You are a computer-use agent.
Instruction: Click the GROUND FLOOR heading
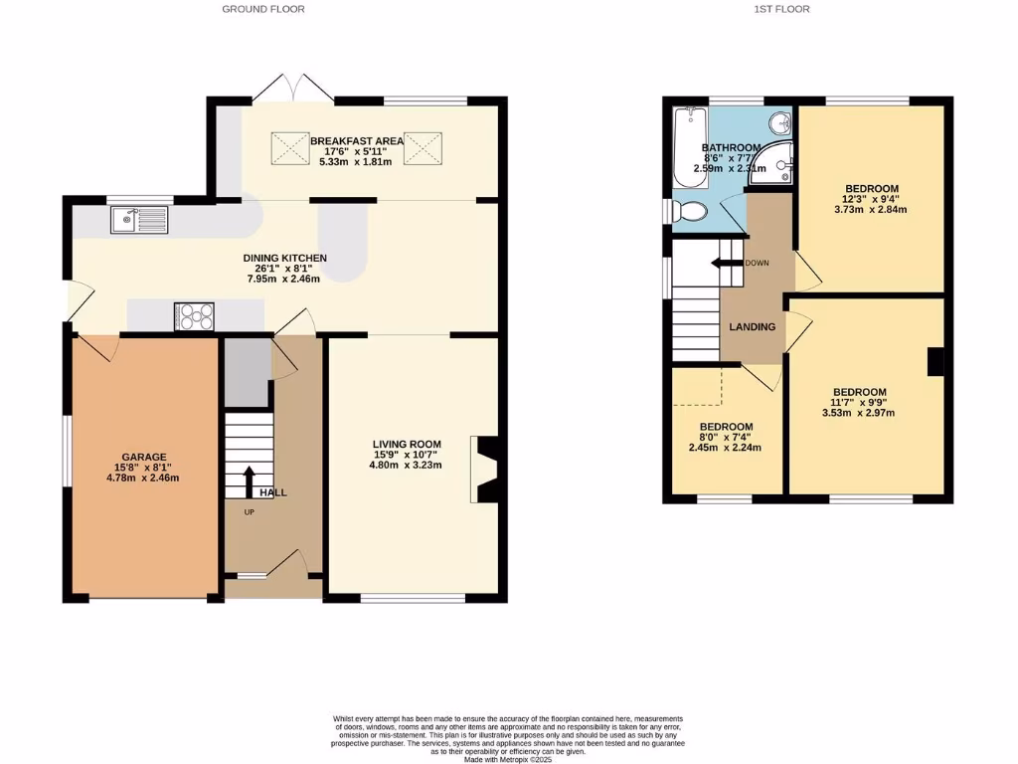[x=262, y=9]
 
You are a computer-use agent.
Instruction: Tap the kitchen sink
[x=140, y=218]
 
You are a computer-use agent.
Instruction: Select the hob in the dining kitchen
[x=195, y=315]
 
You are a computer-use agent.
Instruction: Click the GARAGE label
[x=144, y=457]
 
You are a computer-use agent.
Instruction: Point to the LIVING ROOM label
[x=407, y=444]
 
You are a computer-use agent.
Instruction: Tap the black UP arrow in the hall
[x=248, y=481]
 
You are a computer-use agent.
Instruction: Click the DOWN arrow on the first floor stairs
[x=728, y=263]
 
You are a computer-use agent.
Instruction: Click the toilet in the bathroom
[x=688, y=211]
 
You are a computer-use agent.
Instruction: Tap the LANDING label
[x=753, y=327]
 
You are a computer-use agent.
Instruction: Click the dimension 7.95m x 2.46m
[x=285, y=280]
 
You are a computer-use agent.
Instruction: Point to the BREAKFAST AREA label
[x=357, y=141]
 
